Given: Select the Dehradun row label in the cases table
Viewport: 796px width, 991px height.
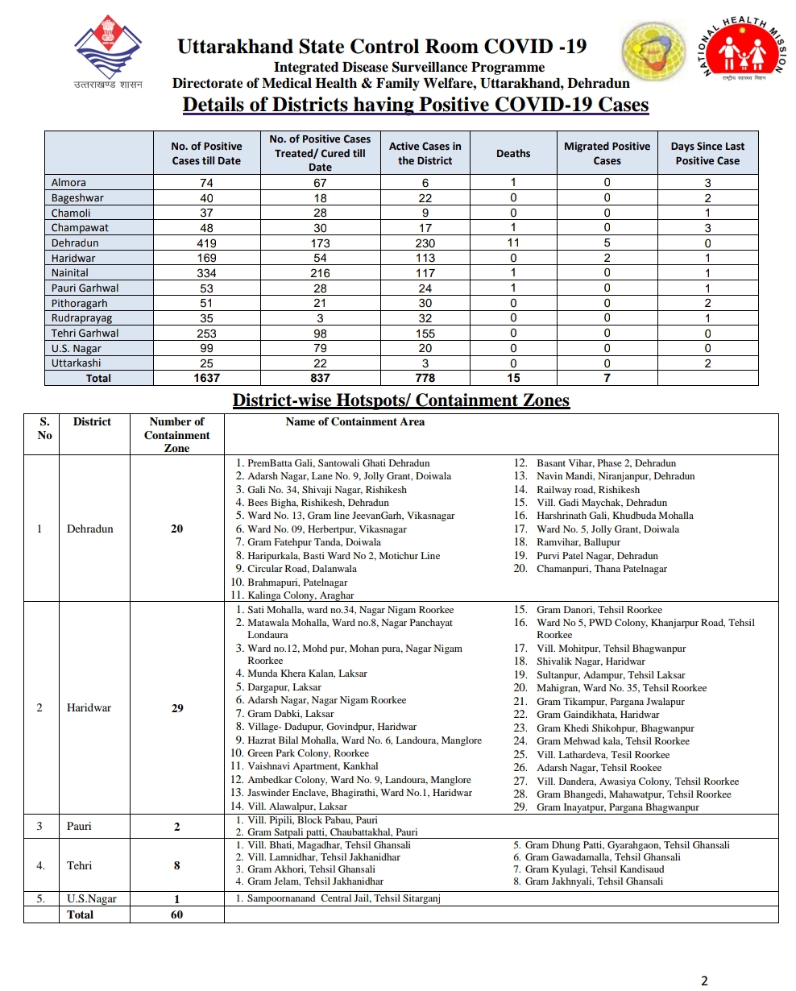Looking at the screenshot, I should click(75, 243).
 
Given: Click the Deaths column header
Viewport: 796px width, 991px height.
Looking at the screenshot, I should click(513, 153).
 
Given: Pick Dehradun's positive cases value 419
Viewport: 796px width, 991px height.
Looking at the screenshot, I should click(206, 243).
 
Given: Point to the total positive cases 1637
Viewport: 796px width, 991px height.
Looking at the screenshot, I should click(206, 378).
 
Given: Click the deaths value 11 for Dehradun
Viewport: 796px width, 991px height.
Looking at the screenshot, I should click(513, 243).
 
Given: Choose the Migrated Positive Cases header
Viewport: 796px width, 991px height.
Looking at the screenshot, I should click(607, 153).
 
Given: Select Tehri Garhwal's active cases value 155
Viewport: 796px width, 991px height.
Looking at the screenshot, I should click(425, 334).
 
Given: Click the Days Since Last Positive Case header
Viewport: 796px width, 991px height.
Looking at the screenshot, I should click(707, 153).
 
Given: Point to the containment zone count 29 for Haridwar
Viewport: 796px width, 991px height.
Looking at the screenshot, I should click(177, 708).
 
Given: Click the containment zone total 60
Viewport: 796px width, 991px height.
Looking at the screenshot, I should click(177, 914).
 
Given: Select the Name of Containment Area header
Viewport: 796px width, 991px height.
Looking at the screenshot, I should click(354, 421).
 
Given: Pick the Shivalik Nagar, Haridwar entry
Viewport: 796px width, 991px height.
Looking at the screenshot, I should click(591, 661).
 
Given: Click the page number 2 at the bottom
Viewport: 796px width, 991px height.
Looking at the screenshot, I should click(704, 981).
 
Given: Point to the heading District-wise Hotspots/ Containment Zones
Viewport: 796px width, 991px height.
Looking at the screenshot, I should click(400, 400).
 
